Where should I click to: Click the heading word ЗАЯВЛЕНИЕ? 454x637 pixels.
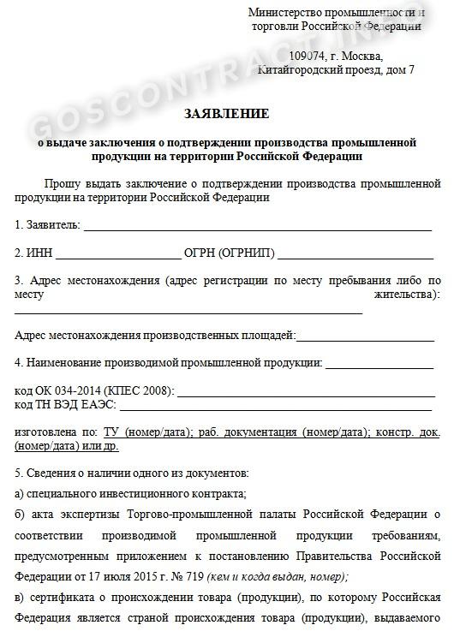click(226, 113)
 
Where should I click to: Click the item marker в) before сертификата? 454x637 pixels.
click(21, 597)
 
